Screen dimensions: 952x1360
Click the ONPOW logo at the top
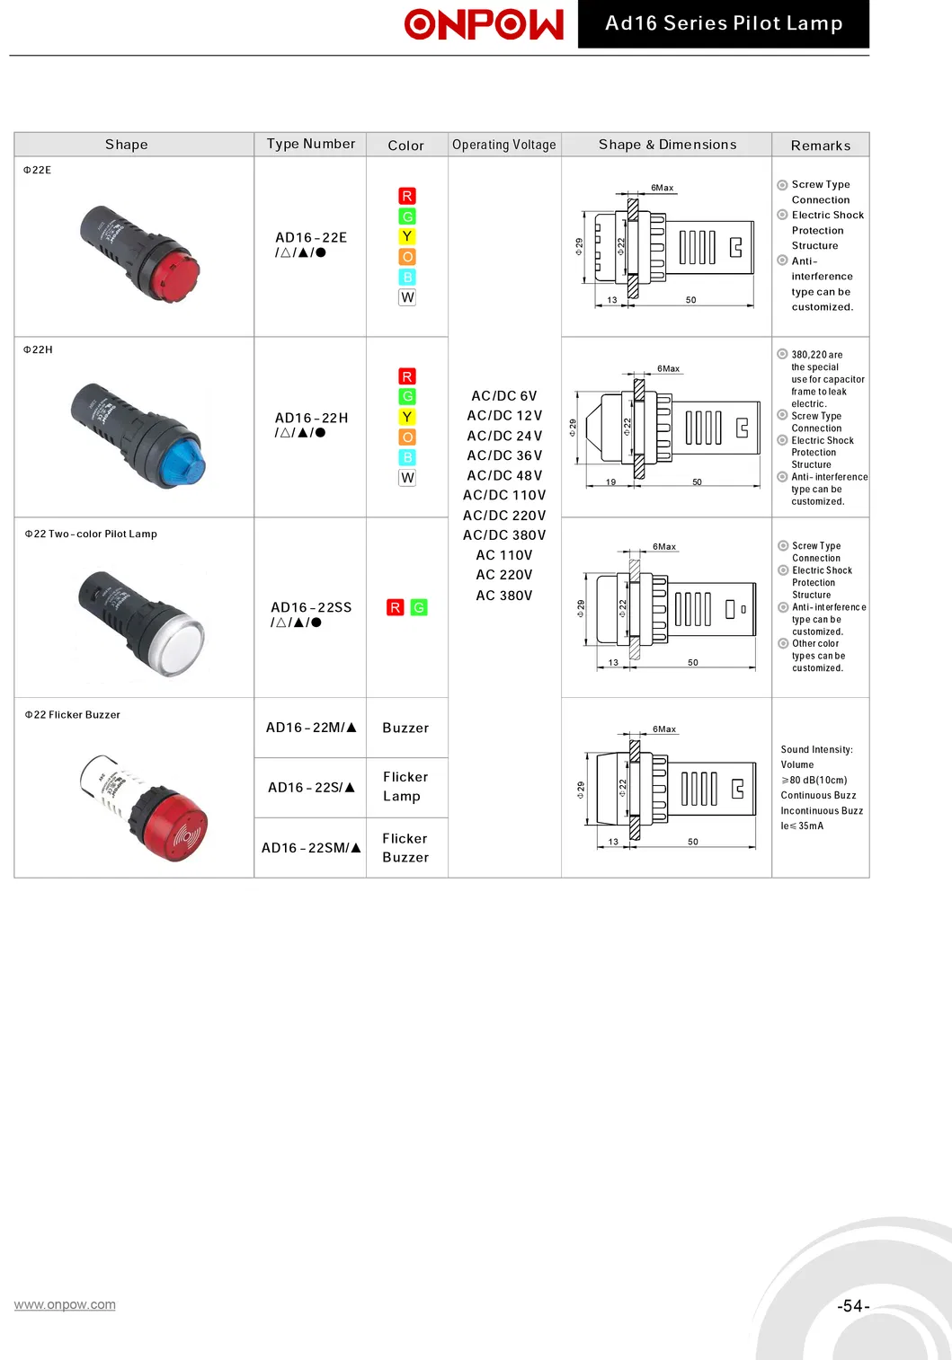[x=484, y=24]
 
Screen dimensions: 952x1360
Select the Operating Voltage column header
[x=504, y=145]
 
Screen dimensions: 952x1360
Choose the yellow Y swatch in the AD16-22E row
[x=407, y=236]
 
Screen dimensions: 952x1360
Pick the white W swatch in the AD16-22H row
[x=407, y=477]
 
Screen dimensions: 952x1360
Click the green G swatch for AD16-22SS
[x=419, y=607]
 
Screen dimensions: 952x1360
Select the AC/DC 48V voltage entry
[x=504, y=475]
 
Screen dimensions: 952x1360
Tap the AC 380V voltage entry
[x=504, y=596]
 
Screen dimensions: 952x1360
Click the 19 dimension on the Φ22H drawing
[x=610, y=481]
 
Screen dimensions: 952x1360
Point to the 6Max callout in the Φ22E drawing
[x=663, y=188]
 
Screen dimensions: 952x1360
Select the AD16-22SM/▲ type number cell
[x=311, y=848]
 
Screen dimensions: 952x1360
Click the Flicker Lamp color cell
[x=405, y=786]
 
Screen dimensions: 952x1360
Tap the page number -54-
[x=853, y=1305]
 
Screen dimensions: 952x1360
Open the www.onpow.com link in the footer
[x=65, y=1304]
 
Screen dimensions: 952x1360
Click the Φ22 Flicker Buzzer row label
[x=72, y=715]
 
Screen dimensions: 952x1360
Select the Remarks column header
[x=820, y=146]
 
